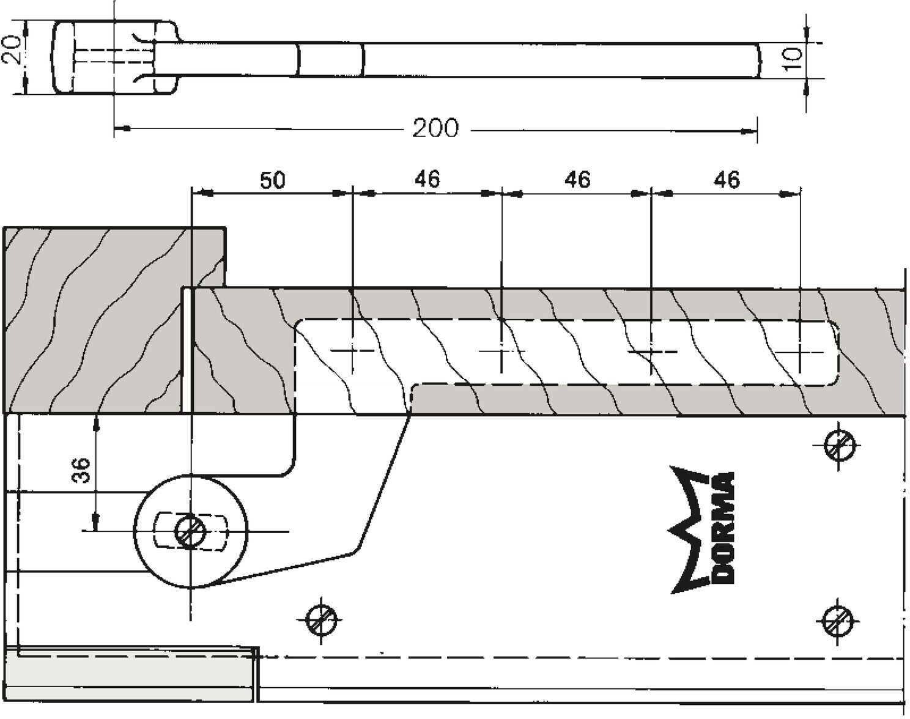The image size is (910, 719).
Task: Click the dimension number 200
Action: [435, 128]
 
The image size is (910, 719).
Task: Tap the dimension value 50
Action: [272, 180]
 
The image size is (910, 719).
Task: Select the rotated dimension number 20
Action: [12, 50]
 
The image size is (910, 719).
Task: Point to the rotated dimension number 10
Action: [793, 59]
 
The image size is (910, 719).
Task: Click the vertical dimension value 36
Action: [80, 470]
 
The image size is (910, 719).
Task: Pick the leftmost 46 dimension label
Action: [427, 179]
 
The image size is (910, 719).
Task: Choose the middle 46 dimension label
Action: [577, 180]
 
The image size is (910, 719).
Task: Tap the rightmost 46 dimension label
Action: [727, 180]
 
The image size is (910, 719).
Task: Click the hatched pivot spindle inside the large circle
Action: [191, 531]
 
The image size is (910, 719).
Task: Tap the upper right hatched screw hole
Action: [840, 446]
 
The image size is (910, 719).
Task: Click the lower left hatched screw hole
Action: [321, 620]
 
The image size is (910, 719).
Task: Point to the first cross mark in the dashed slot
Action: [353, 350]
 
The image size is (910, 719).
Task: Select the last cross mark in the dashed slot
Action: [800, 352]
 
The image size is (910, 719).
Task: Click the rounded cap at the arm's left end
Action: [62, 57]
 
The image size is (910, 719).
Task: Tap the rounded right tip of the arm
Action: [757, 60]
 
